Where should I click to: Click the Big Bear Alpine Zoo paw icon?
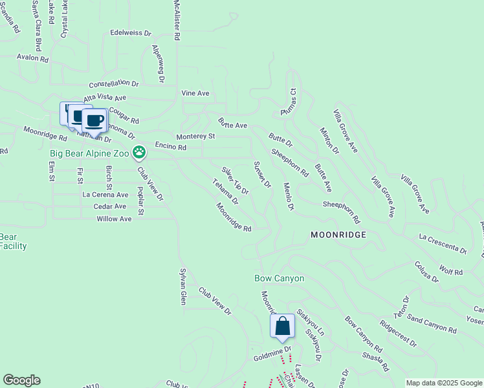click(x=139, y=153)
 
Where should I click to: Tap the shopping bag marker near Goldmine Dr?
click(x=283, y=326)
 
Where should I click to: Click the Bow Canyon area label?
click(x=279, y=279)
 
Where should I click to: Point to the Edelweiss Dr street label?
click(x=130, y=32)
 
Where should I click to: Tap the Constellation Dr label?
click(x=114, y=84)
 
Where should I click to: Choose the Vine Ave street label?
click(x=195, y=94)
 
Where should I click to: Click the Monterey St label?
click(x=195, y=136)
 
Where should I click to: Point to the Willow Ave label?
click(x=114, y=219)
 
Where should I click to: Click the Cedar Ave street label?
click(x=110, y=206)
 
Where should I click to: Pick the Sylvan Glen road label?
click(x=183, y=286)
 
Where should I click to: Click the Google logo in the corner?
click(x=21, y=380)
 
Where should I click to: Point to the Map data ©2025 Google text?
click(x=443, y=383)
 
